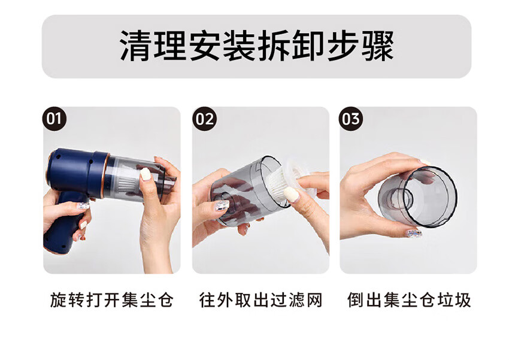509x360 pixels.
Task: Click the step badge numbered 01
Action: coord(54,119)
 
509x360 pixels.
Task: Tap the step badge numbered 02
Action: coord(204,119)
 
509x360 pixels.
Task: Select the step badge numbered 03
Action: coord(351,119)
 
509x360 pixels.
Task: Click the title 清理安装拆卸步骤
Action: coord(257,46)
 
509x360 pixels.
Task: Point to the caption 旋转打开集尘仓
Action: coord(111,300)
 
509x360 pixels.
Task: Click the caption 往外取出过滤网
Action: coord(260,300)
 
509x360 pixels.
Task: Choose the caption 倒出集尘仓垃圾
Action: coord(408,300)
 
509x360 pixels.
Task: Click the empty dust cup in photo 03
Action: coord(418,196)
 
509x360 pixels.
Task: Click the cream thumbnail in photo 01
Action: coord(146,174)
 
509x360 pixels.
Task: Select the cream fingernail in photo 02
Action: coord(291,194)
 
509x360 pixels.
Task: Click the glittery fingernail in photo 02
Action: coord(222,205)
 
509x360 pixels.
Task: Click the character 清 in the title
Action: coord(136,46)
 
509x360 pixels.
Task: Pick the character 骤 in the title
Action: coord(378,46)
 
